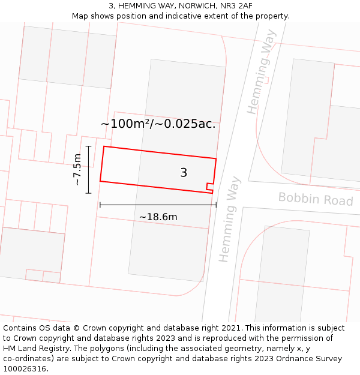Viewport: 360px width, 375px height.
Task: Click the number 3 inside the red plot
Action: (184, 173)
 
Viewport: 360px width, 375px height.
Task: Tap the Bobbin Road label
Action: (316, 199)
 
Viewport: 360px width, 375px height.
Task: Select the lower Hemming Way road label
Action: (229, 219)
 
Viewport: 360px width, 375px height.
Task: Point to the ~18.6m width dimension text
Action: (158, 217)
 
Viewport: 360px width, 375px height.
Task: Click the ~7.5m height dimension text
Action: (77, 169)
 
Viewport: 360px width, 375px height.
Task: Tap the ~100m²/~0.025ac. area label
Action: (158, 124)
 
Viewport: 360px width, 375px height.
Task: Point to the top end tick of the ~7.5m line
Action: (88, 146)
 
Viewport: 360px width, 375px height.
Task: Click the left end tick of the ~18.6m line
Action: (100, 205)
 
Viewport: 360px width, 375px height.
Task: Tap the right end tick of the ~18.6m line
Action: (216, 205)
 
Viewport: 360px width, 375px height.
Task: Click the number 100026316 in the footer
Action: (25, 369)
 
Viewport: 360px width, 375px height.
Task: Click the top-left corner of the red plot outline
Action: (104, 146)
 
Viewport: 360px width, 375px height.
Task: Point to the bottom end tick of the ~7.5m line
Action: (88, 193)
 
